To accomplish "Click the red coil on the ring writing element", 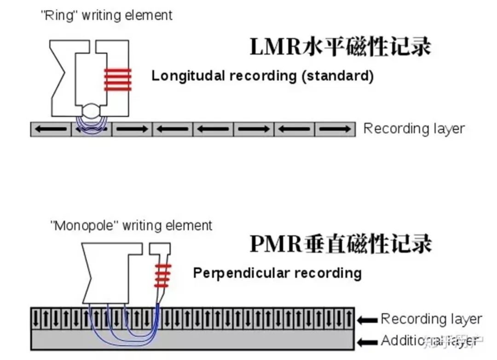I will pyautogui.click(x=117, y=79).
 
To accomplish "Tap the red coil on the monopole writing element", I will pyautogui.click(x=162, y=275).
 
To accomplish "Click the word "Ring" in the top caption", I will pyautogui.click(x=57, y=15).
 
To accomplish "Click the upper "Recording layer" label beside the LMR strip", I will pyautogui.click(x=414, y=129).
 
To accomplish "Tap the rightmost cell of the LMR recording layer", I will pyautogui.click(x=335, y=129).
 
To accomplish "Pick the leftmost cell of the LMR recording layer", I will pyautogui.click(x=51, y=129).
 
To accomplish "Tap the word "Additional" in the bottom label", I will pyautogui.click(x=405, y=341).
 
